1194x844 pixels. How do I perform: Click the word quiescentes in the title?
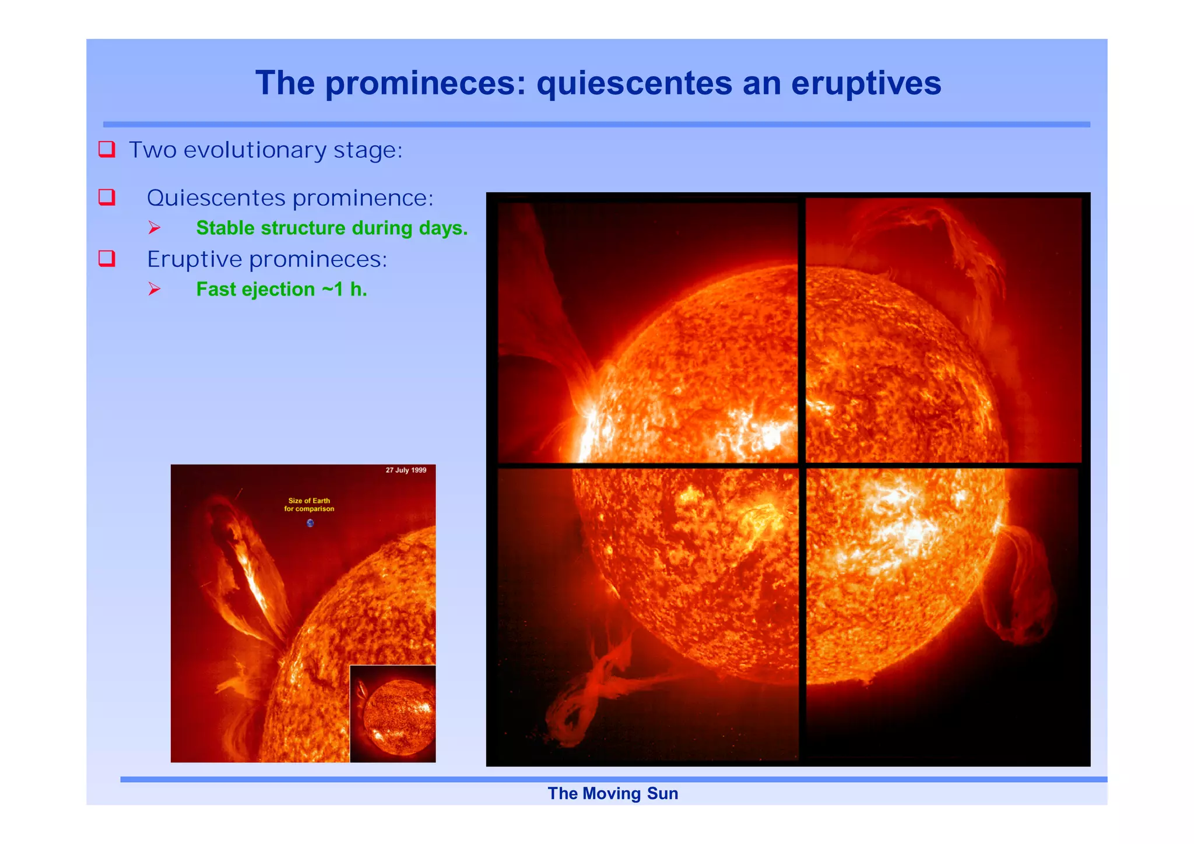point(634,83)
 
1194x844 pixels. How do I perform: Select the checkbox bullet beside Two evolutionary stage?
point(107,149)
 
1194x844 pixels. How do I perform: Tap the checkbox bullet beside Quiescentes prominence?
point(107,197)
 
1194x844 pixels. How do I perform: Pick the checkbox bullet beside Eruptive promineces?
point(107,258)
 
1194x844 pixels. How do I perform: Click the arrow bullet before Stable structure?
point(154,228)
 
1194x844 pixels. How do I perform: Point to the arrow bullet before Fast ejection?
point(154,289)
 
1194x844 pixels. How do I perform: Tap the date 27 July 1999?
point(406,470)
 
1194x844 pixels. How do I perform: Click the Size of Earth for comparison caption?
point(309,505)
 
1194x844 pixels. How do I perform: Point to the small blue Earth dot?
point(310,523)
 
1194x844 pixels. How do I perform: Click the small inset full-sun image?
point(393,713)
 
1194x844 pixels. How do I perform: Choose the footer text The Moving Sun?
point(613,793)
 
